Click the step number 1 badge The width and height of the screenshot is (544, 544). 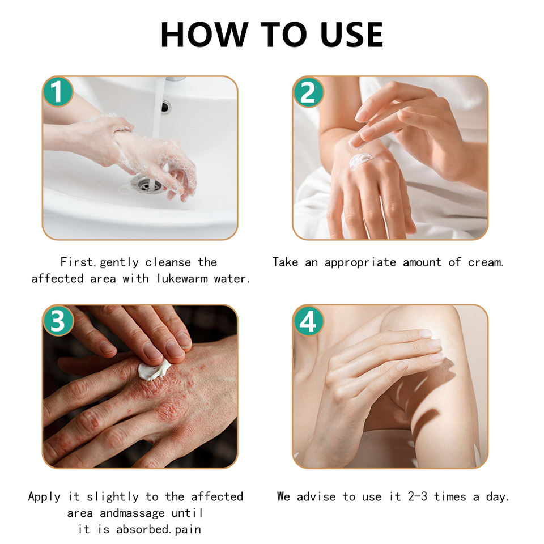(x=58, y=92)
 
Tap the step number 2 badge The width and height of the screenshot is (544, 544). (x=308, y=92)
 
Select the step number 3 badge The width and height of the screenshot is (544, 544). (x=58, y=321)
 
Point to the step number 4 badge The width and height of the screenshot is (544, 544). (x=308, y=321)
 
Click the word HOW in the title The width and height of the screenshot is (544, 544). (x=205, y=35)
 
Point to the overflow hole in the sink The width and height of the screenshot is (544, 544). (x=166, y=107)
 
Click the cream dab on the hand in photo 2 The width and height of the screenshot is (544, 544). (x=360, y=160)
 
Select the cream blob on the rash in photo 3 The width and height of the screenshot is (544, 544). (x=154, y=370)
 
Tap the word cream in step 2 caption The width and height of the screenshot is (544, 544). (x=485, y=262)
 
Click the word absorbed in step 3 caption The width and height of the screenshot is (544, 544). (x=142, y=529)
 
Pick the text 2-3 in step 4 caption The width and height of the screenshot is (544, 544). (x=418, y=496)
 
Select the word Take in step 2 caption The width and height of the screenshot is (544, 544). (x=285, y=262)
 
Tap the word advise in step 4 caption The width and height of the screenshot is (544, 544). (x=316, y=496)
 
